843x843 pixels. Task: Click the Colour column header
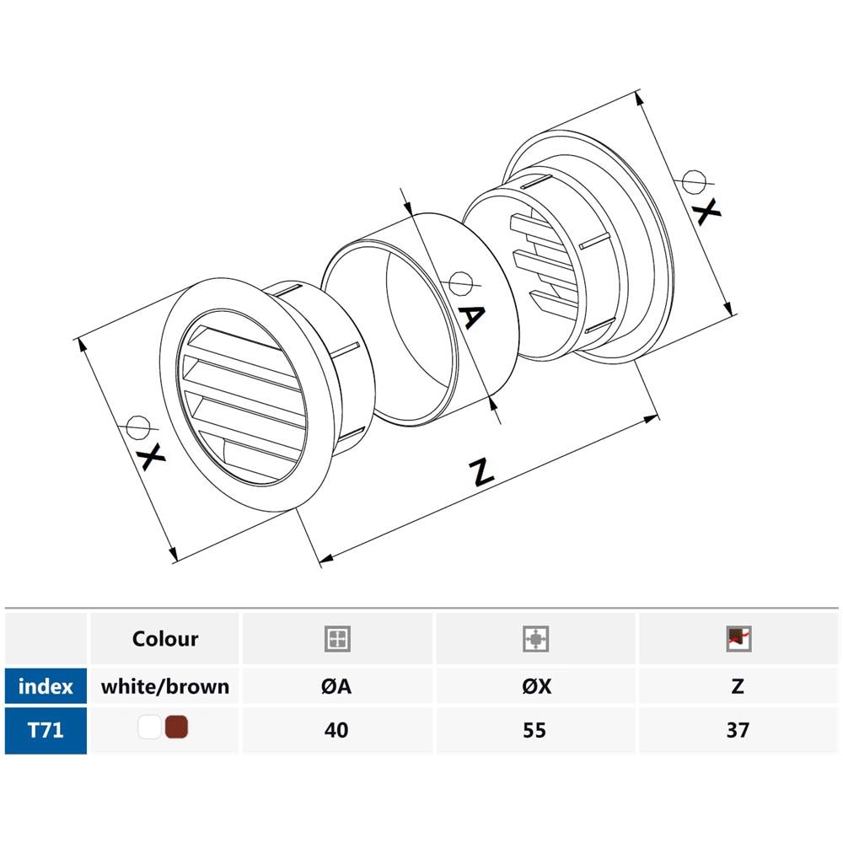point(165,639)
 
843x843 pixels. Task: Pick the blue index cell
point(46,686)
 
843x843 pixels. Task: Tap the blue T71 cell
point(46,729)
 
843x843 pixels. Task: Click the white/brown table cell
point(165,686)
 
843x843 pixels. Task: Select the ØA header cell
point(336,686)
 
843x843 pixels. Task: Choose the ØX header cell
point(535,686)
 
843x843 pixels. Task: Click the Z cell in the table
point(738,686)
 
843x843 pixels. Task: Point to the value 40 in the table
point(336,729)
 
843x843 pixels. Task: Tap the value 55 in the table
point(535,729)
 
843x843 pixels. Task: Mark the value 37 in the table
point(738,729)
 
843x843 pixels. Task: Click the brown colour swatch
point(177,728)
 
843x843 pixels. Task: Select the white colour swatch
point(150,728)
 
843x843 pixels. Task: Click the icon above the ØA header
point(337,639)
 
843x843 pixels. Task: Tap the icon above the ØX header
point(536,639)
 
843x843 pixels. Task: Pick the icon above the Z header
point(738,639)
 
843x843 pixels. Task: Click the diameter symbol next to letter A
point(459,282)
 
